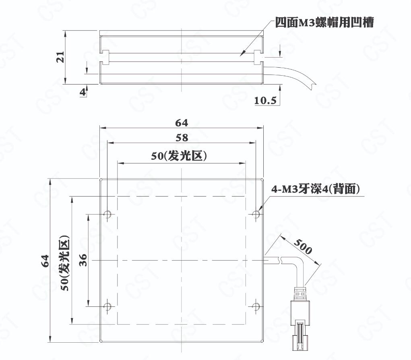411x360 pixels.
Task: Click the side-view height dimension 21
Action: coord(60,57)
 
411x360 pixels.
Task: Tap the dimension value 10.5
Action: coord(265,100)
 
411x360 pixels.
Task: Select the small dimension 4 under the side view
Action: coord(83,92)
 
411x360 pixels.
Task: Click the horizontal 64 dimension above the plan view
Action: coord(182,123)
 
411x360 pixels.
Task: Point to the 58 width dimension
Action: coord(182,138)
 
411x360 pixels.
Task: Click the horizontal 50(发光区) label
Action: coord(179,156)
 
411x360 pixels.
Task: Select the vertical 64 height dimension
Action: coord(45,261)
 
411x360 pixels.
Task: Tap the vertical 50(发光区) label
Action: coord(65,263)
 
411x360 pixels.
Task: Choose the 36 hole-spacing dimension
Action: coord(83,260)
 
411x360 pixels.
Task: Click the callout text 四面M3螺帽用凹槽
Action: coord(324,23)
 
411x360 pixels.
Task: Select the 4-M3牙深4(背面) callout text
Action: coord(315,189)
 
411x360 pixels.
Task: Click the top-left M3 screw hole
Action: coord(107,214)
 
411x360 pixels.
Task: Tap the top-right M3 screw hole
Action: coord(256,214)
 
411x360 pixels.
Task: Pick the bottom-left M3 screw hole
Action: coord(107,306)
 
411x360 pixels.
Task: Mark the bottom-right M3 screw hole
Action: coord(256,306)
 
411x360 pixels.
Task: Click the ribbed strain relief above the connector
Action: coord(300,294)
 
